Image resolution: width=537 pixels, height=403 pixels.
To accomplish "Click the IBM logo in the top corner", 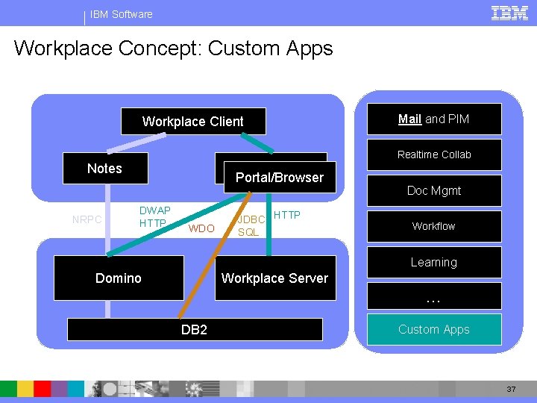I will coord(510,13).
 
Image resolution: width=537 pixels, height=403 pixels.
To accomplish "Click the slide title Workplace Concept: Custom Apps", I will coord(173,49).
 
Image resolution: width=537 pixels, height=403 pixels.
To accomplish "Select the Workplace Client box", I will coord(192,122).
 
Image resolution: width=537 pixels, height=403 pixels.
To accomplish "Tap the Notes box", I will coord(105,169).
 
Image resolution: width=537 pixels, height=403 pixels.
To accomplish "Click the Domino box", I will coord(119,278).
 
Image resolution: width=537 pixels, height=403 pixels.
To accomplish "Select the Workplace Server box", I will coord(274,278).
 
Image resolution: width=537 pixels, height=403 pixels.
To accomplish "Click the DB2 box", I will coord(195,329).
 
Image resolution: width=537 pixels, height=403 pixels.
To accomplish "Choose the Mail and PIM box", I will coord(433,119).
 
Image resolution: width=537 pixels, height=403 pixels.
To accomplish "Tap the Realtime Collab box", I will coord(433,154).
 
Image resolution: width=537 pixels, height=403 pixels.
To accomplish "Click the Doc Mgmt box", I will coord(433,191).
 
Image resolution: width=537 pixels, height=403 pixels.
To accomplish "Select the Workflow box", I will coord(433,226).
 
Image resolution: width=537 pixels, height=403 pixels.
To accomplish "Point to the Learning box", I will coord(433,263).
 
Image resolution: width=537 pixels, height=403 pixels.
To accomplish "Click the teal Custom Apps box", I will coord(433,329).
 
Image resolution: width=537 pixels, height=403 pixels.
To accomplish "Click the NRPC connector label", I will coord(87,219).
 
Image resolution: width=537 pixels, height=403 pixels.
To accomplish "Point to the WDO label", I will coord(201,228).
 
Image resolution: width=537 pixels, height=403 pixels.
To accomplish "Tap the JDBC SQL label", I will coord(249,225).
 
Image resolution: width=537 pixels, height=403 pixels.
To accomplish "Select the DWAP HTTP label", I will coord(154,217).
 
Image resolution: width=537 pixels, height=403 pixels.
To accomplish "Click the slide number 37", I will coord(511,390).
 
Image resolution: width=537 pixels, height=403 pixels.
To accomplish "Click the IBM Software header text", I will coord(121,14).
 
